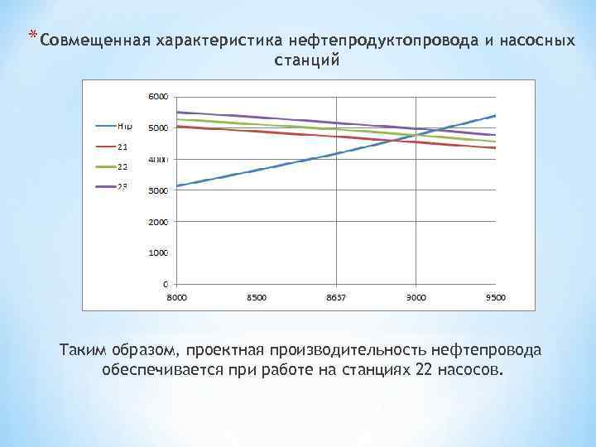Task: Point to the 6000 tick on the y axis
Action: [158, 96]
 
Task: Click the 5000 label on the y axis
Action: [158, 127]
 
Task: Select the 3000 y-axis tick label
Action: [158, 190]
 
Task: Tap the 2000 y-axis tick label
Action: [158, 222]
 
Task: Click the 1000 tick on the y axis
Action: [158, 252]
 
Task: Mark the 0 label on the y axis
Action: [163, 284]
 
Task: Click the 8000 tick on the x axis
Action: [177, 297]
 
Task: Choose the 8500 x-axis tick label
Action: [257, 297]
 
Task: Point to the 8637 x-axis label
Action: [336, 297]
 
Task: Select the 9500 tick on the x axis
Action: [495, 297]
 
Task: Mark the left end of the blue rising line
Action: [178, 186]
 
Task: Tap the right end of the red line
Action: [495, 147]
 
